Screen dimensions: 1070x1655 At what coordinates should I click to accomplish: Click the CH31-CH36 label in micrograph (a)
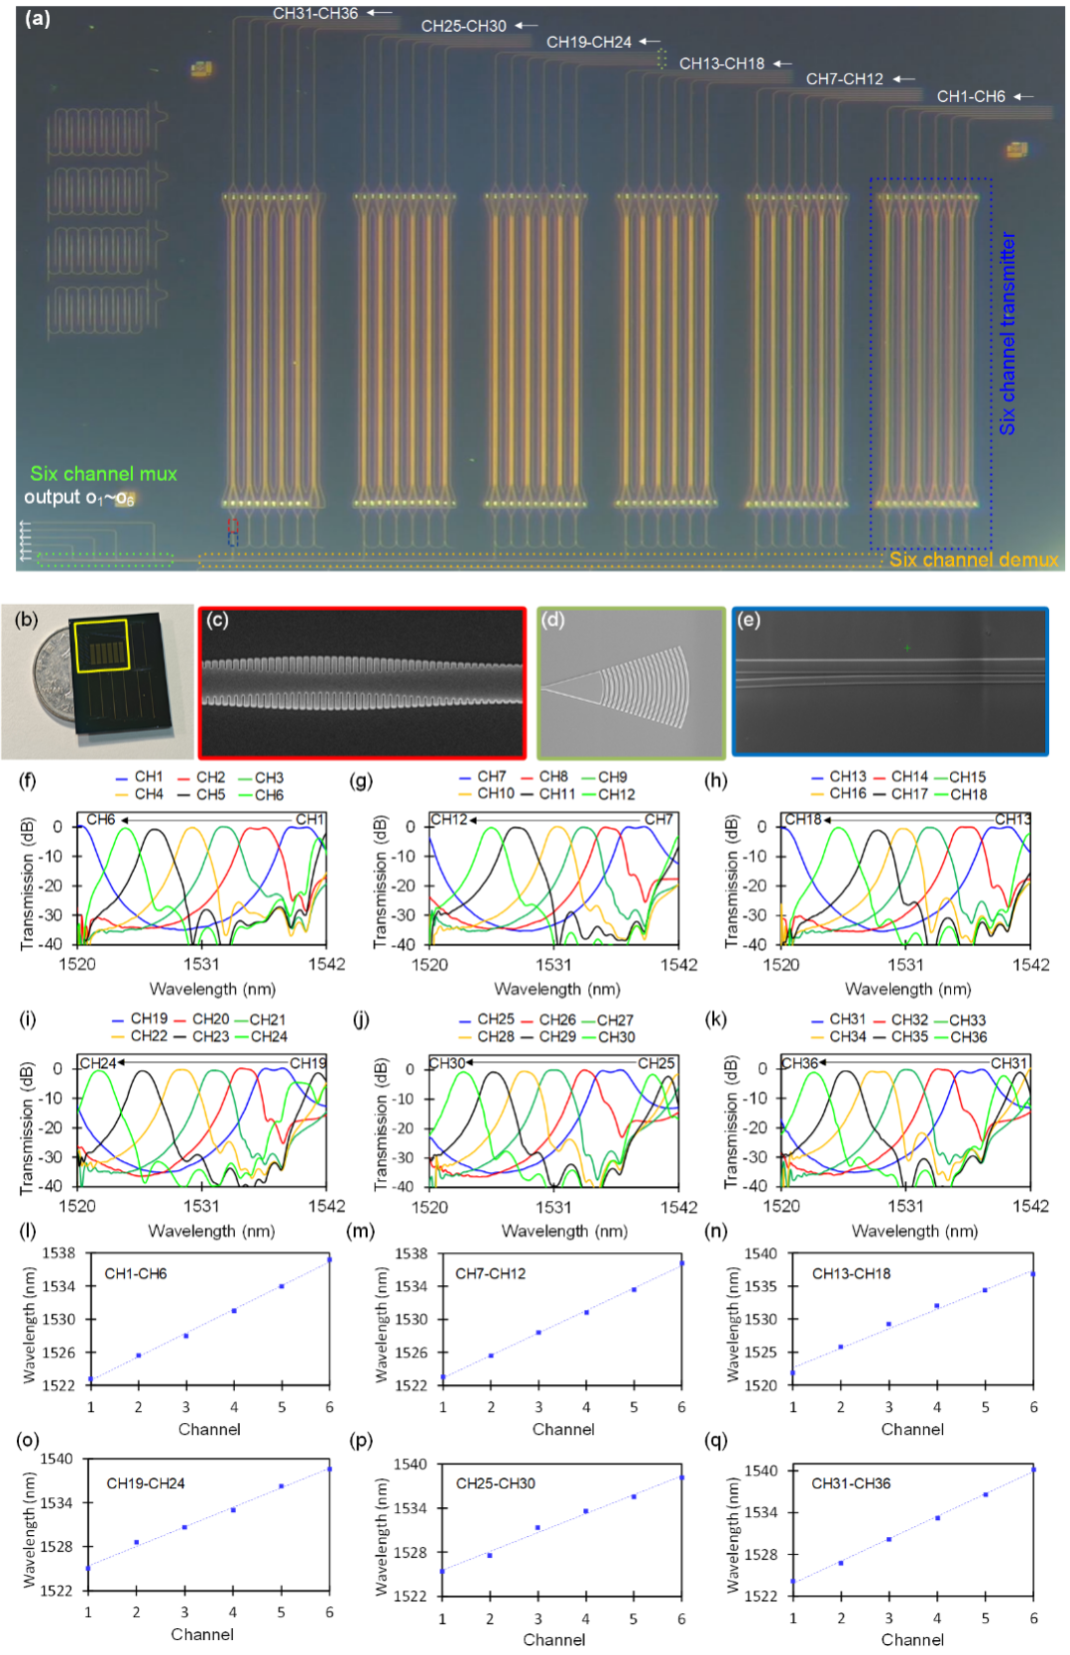(314, 13)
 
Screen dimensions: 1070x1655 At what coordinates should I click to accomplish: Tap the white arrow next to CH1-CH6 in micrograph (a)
(1022, 97)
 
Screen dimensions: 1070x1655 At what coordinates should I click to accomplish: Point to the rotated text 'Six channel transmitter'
(1008, 333)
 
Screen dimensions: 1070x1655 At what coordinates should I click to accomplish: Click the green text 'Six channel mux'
(103, 474)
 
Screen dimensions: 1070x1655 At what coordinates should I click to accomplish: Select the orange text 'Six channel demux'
(974, 559)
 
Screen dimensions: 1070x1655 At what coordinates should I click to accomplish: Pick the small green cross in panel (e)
(906, 648)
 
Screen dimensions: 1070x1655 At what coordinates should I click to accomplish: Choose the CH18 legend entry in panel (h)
(961, 795)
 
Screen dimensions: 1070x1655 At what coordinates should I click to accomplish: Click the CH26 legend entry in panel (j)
(548, 1019)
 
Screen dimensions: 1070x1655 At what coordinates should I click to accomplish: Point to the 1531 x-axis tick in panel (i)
(201, 1206)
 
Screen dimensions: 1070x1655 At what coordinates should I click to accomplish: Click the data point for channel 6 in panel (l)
(329, 1259)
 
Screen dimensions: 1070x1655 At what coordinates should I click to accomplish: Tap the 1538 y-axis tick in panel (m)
(412, 1253)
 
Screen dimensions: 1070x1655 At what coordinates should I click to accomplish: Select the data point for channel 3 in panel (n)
(889, 1324)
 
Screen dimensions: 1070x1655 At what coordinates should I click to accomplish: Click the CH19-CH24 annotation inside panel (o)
(146, 1482)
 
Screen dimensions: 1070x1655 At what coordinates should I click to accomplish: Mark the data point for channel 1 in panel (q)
(793, 1581)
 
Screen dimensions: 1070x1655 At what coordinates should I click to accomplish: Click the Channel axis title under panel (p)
(554, 1639)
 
